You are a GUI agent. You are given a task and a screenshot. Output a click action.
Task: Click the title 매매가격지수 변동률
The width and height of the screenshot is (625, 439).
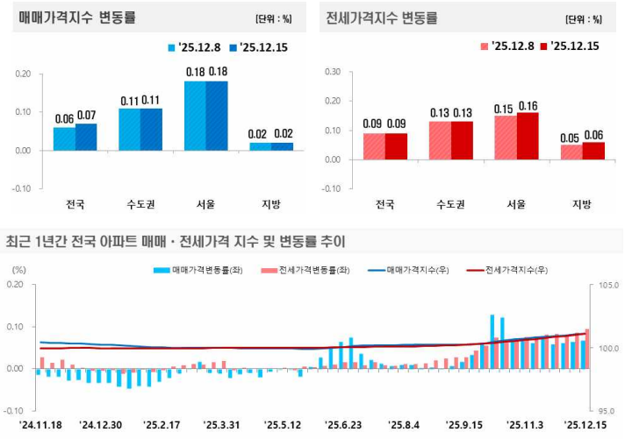[x=79, y=18]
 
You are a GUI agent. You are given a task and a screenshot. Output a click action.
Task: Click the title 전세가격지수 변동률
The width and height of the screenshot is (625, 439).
[x=382, y=18]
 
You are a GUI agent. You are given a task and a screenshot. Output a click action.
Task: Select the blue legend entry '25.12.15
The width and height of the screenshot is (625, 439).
[x=258, y=47]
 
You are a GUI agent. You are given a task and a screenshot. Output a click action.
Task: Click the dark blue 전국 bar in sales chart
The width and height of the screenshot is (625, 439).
[x=86, y=137]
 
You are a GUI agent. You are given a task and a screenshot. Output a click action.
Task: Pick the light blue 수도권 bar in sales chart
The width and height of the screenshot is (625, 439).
[x=129, y=129]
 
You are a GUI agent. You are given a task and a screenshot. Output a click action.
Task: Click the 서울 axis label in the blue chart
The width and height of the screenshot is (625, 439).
[x=205, y=204]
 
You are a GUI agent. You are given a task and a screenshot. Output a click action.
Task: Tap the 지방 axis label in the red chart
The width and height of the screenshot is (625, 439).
[x=581, y=204]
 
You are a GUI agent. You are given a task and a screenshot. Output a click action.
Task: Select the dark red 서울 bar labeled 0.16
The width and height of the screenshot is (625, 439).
[x=527, y=136]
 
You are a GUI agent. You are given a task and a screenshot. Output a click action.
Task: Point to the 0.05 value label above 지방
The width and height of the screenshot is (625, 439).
[x=570, y=138]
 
